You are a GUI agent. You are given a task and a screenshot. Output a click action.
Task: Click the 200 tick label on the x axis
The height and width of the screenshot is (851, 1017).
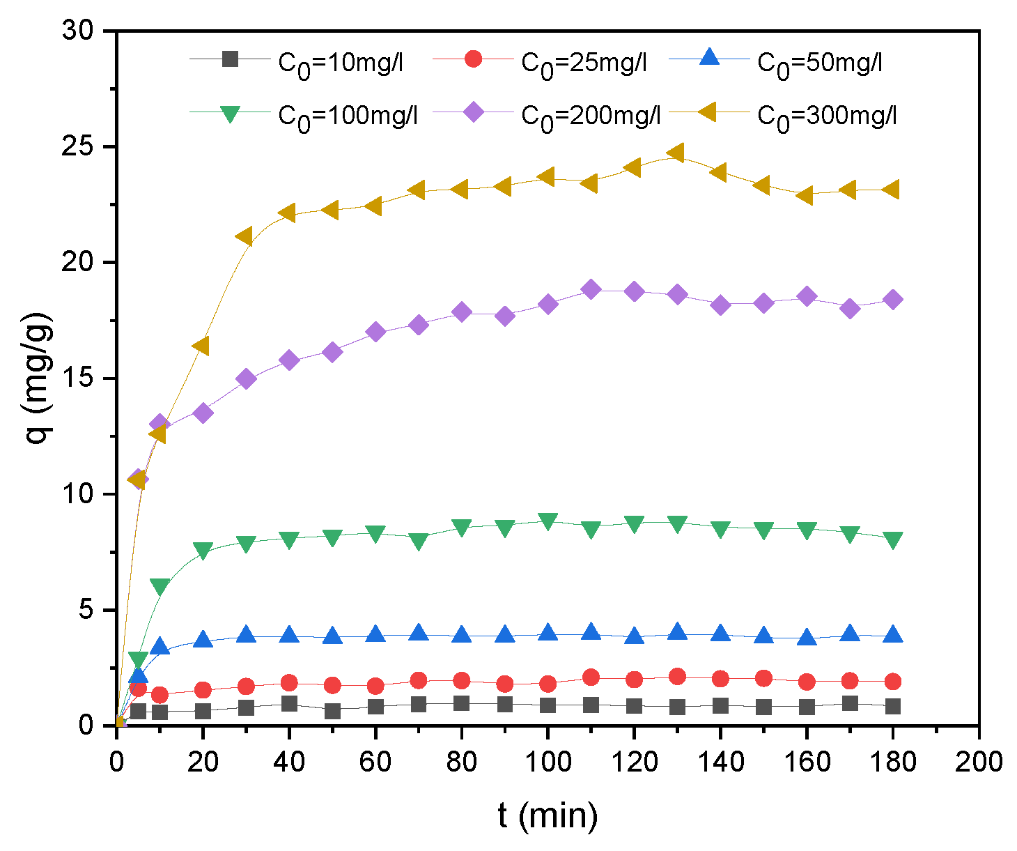click(979, 761)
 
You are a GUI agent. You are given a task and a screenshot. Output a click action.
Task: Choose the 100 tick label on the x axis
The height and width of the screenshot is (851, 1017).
click(548, 761)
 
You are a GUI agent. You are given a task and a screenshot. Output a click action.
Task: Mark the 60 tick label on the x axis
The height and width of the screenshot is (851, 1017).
click(375, 761)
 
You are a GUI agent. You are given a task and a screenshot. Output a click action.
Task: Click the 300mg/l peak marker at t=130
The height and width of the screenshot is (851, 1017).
click(676, 153)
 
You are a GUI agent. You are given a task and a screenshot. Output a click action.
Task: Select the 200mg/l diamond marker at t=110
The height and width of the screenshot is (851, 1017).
click(591, 289)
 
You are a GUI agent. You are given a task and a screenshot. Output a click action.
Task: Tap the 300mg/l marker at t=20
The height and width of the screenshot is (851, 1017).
click(201, 346)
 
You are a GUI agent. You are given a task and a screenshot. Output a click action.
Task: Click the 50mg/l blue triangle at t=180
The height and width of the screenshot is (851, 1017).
click(892, 634)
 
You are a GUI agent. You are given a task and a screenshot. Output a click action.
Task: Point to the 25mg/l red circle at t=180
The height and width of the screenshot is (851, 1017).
click(892, 681)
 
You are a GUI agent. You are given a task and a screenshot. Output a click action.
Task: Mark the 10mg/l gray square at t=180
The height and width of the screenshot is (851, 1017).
click(892, 706)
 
